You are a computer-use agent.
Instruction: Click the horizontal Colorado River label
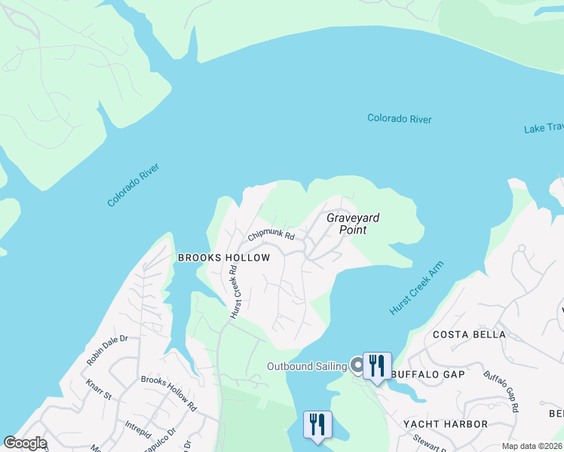pos(399,118)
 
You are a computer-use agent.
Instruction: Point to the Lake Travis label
pos(543,129)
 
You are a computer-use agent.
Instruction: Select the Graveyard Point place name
pos(352,223)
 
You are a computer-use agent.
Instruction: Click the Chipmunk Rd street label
pos(271,235)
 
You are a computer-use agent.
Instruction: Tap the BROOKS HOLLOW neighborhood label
pos(224,258)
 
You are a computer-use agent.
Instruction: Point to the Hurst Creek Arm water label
pos(417,289)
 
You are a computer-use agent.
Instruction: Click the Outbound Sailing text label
pos(307,367)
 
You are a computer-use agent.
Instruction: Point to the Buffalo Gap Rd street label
pos(501,390)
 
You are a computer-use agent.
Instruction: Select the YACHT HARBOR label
pos(445,424)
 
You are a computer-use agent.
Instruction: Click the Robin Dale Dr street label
pos(107,350)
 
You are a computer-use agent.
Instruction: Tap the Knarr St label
pos(98,395)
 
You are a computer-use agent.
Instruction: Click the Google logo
pos(24,443)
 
